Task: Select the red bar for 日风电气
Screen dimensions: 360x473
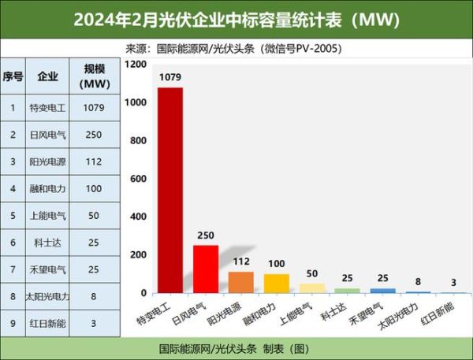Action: (x=206, y=269)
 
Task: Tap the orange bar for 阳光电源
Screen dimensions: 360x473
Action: (x=241, y=283)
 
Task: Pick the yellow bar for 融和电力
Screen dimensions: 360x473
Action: (x=276, y=284)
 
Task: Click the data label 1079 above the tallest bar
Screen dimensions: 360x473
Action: (x=170, y=77)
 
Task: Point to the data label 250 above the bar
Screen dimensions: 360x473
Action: (x=206, y=236)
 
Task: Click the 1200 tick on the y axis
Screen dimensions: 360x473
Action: (x=136, y=64)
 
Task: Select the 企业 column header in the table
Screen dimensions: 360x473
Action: (x=47, y=76)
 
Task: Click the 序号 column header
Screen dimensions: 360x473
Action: (x=13, y=76)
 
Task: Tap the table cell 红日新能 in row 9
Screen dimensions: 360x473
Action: (x=47, y=324)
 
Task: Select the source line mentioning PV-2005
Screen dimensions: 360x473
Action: (x=236, y=48)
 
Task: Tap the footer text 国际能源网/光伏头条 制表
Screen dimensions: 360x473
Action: (x=236, y=348)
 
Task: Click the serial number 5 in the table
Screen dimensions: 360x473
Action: (x=13, y=215)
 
